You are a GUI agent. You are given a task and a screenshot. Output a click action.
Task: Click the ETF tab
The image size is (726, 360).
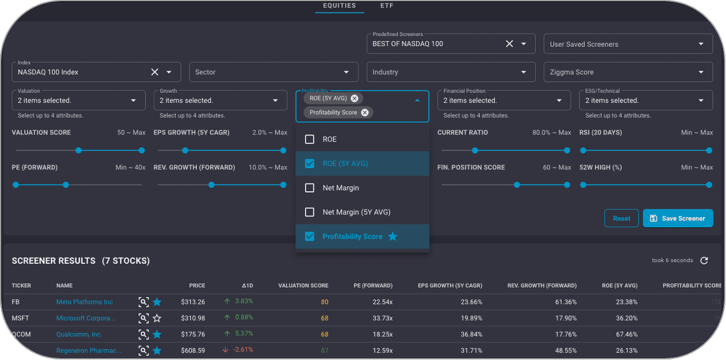point(387,6)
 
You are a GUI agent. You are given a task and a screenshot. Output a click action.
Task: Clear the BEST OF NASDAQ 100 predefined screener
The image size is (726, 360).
point(509,44)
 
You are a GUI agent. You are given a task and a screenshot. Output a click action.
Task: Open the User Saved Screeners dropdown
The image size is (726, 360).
point(628,44)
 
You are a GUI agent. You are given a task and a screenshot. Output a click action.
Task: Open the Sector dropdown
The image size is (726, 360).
point(274,72)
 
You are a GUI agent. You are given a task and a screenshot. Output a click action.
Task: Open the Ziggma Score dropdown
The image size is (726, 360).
point(628,72)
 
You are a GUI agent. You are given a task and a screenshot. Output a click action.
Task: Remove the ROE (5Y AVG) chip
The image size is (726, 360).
point(354,98)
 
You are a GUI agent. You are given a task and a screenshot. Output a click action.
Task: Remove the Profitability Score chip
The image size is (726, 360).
point(365,112)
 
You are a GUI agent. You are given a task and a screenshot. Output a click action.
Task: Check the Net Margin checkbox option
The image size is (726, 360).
point(310,188)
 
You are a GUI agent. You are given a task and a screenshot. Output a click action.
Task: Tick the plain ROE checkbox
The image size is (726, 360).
point(310,139)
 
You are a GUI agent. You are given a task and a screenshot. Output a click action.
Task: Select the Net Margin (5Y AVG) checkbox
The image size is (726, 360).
point(310,212)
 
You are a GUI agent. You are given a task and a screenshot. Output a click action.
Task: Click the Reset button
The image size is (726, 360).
point(621,218)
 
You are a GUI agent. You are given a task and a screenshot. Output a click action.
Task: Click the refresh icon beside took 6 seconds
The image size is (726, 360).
point(704,260)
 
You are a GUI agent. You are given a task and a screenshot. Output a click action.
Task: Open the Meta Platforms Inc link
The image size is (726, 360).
point(84,302)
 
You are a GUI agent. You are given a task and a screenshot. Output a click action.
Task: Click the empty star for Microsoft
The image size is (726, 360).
point(157,318)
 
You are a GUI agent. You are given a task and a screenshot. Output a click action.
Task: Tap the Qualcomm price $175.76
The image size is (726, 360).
point(193,334)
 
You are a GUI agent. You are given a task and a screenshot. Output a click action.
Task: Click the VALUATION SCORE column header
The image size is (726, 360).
point(303,286)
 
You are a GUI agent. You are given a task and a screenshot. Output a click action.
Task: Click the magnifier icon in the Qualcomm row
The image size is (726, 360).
point(144,334)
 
